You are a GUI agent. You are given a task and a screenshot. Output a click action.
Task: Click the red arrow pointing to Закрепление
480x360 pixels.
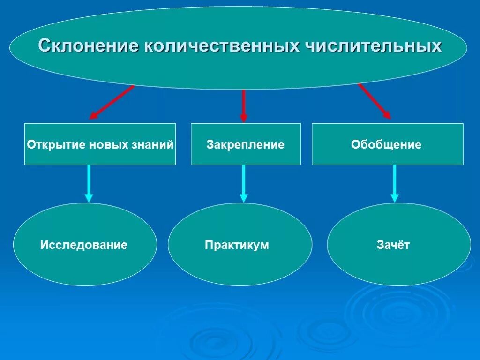click(243, 105)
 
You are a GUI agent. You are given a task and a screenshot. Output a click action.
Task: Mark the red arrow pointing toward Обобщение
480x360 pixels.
click(374, 101)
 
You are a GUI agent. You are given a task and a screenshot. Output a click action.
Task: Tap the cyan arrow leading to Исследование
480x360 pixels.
click(89, 183)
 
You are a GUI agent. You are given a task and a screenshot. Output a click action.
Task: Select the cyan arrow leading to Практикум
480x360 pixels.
click(243, 183)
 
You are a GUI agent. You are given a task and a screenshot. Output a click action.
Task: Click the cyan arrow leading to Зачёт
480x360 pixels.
click(395, 183)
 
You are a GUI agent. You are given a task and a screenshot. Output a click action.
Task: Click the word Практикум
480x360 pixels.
click(237, 245)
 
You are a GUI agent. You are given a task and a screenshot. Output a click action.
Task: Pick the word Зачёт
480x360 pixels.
click(393, 245)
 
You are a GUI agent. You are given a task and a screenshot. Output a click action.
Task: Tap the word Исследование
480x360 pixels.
click(84, 245)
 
